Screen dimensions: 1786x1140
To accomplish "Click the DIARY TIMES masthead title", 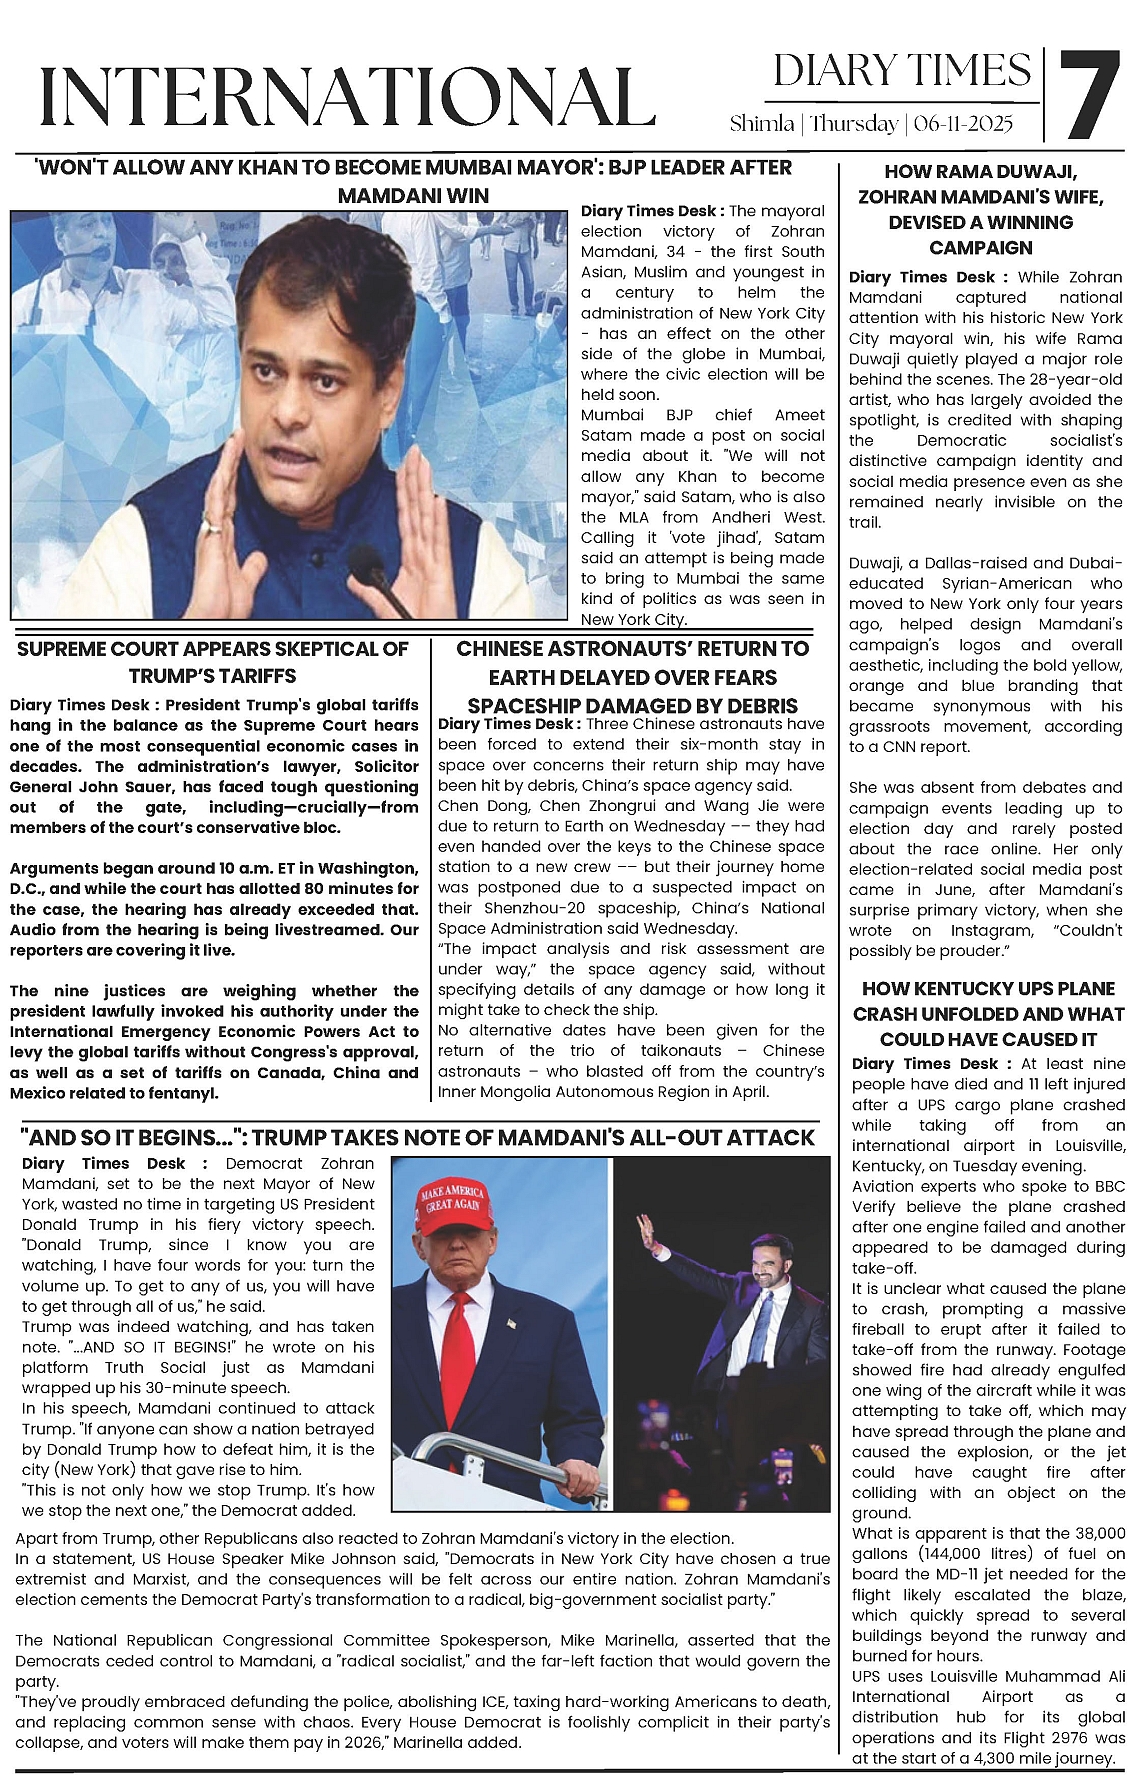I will coord(901,70).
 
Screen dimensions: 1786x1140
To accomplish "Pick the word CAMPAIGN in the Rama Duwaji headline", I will coord(980,247).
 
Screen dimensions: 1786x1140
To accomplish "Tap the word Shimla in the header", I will coord(762,124).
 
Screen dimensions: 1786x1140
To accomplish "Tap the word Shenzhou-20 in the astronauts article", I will coord(527,908).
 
